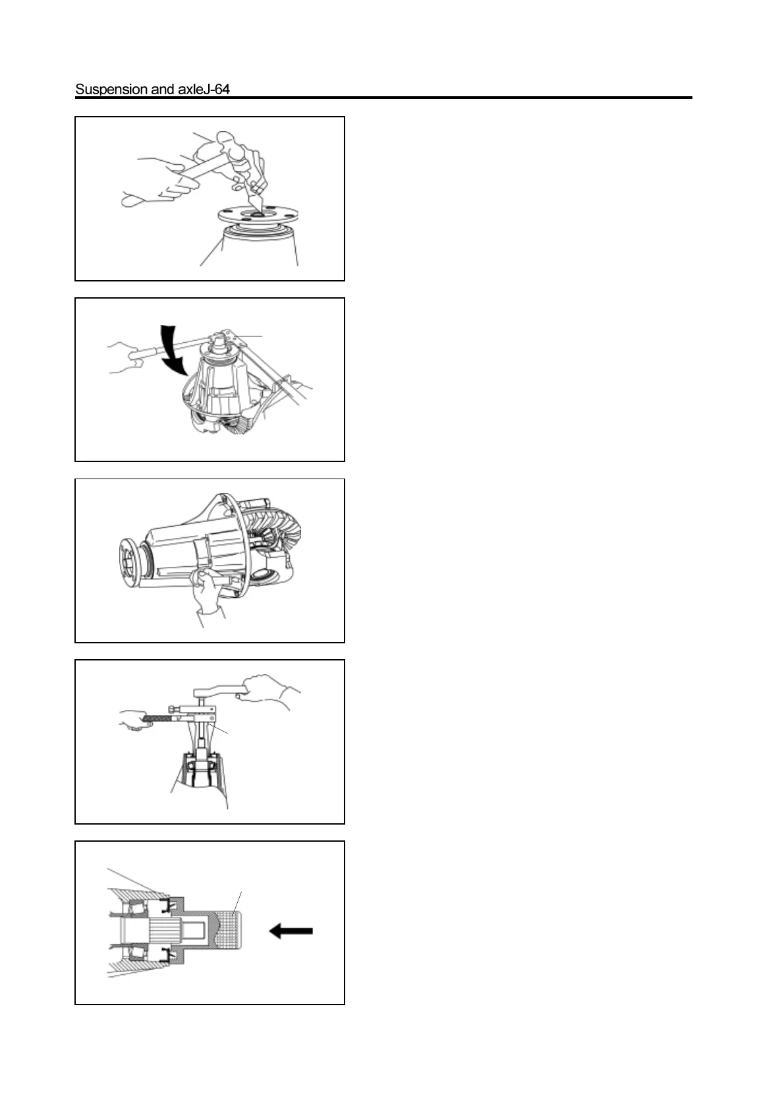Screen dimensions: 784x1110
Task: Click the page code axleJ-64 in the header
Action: [204, 89]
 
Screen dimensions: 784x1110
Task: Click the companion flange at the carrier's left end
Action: [126, 558]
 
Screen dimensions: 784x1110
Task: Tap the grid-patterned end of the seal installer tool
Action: [227, 930]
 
